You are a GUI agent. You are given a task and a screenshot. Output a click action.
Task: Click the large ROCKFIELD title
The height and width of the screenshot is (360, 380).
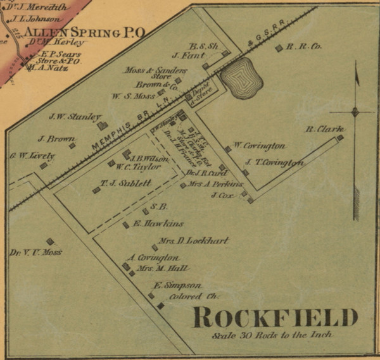(x=275, y=317)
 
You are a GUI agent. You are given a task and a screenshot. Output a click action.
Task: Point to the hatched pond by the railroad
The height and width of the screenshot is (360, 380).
(x=241, y=78)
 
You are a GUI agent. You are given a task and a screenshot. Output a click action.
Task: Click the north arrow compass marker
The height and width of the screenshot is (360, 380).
(x=355, y=111)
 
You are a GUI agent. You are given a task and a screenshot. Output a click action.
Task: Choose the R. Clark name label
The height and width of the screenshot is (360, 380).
(x=320, y=128)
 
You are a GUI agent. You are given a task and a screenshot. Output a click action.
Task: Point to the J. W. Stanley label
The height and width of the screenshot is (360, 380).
(x=75, y=116)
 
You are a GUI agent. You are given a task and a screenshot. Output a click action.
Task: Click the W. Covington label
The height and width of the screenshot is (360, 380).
(x=259, y=146)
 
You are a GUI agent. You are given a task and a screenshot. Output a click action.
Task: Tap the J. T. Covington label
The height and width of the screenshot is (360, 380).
(x=274, y=163)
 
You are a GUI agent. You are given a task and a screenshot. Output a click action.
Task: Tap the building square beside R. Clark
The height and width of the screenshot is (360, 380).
(x=339, y=137)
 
